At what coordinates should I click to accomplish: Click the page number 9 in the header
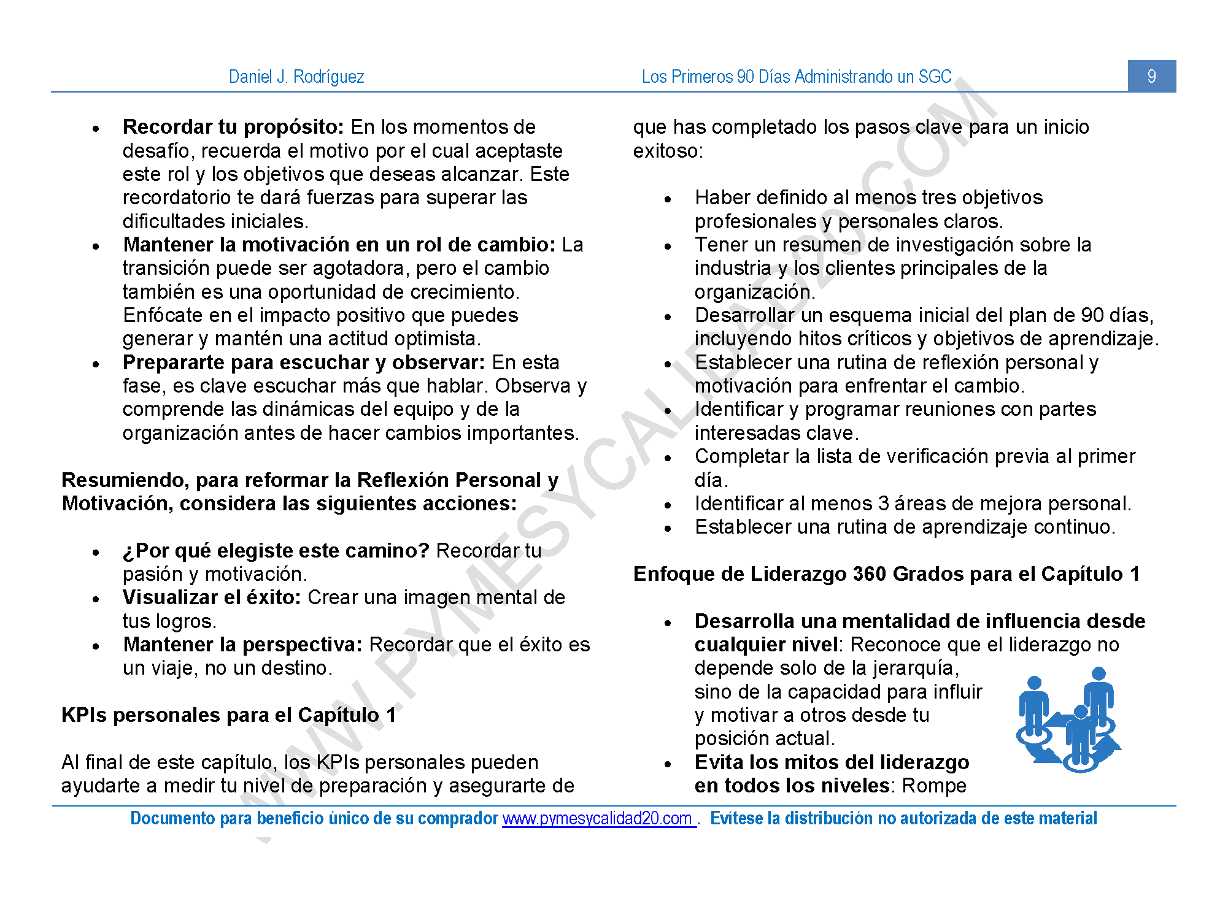pos(1151,76)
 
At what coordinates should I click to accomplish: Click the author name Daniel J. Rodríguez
pos(296,77)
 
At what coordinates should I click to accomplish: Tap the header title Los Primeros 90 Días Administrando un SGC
pos(796,77)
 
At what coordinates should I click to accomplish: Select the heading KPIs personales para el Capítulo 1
pos(228,715)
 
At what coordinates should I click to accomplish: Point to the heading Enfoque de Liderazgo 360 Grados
pos(886,574)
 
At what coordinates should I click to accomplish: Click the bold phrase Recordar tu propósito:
pos(233,127)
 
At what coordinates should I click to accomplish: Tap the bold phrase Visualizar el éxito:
pos(211,597)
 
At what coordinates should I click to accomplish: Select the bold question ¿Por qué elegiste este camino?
pos(276,551)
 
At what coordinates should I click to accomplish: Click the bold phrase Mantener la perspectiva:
pos(243,645)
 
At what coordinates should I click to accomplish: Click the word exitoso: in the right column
pos(668,151)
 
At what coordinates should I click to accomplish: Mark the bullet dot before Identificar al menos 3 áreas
pos(668,506)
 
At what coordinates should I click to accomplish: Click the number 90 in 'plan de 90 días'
pos(1092,315)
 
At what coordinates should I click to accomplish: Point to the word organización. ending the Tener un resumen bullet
pos(754,292)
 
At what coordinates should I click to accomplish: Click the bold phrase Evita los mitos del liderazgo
pos(832,762)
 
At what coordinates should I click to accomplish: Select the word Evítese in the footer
pos(736,818)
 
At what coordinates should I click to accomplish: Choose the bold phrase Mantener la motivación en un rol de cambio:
pos(339,245)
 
